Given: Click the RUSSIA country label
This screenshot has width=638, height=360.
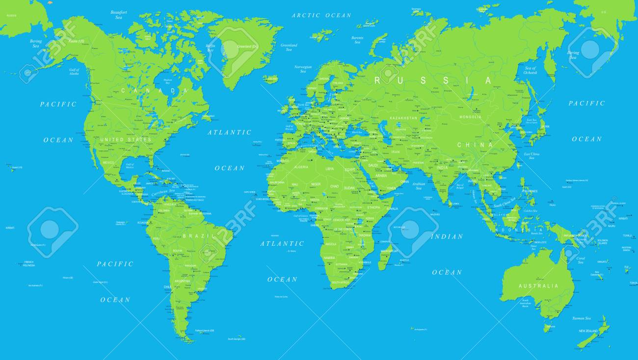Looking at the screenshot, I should (433, 81).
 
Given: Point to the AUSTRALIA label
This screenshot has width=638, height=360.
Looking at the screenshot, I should (538, 286).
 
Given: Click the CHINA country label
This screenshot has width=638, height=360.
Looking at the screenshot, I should (475, 145).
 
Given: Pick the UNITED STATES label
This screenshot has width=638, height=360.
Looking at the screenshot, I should (126, 140).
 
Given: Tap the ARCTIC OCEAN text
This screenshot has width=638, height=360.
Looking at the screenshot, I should (321, 16).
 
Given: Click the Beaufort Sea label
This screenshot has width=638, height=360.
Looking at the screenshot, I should (119, 15).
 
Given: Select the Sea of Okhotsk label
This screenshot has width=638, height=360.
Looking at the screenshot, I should (531, 70).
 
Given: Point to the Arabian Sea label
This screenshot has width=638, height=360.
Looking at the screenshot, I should (419, 185).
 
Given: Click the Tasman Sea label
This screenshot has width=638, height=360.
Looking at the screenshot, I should (582, 318).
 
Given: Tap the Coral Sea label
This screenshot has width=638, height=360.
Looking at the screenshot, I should (581, 260).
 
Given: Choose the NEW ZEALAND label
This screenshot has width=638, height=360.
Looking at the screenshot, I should (588, 331).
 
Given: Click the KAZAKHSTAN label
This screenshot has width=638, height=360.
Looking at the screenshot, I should (403, 118).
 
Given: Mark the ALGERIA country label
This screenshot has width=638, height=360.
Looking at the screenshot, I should (301, 167).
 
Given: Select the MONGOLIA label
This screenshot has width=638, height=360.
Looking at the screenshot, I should (470, 117).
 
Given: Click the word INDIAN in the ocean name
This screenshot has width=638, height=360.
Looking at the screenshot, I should (447, 237).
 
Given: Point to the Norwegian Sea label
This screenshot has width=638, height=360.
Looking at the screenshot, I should (303, 69).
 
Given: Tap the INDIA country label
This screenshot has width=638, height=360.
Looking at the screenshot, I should (443, 168).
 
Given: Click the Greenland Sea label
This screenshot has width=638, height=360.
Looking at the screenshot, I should (289, 47).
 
